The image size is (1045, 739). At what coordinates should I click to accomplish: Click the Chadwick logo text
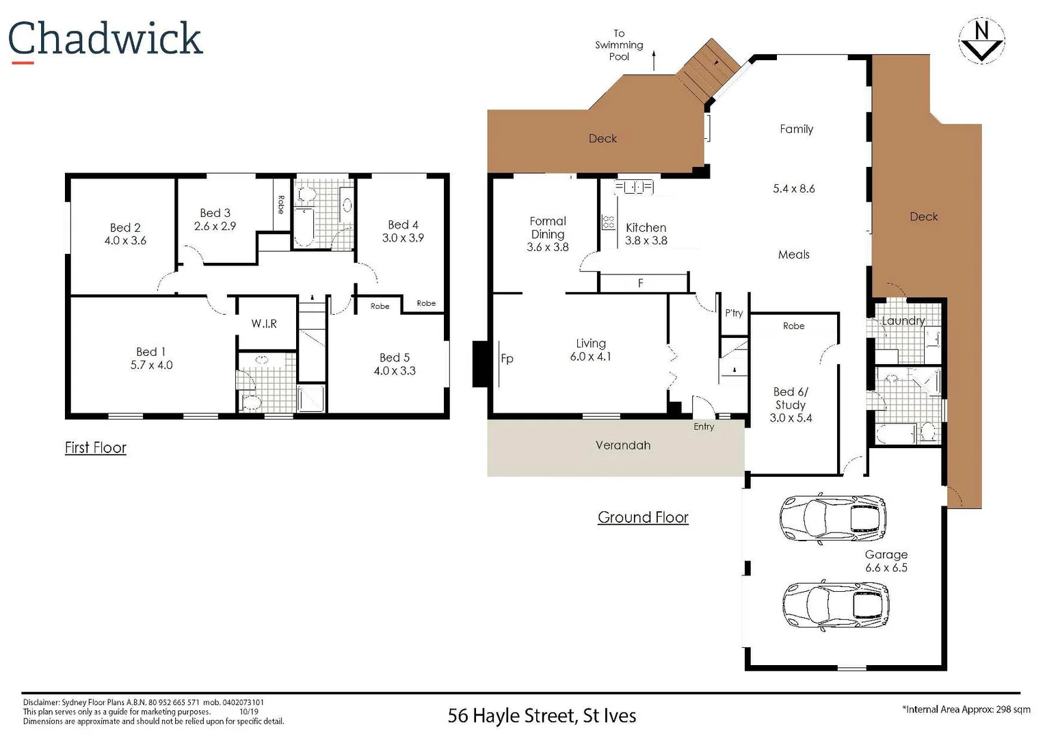105,39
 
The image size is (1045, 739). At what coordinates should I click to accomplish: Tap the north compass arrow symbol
981,42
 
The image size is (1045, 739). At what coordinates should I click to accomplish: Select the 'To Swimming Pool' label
618,45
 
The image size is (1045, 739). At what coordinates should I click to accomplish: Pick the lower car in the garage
835,605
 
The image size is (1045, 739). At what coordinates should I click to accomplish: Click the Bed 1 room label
150,352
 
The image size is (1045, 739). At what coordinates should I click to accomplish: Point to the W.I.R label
264,324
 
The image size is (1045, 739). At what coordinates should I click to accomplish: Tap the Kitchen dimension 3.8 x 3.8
646,241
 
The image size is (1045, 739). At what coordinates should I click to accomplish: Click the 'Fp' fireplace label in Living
507,359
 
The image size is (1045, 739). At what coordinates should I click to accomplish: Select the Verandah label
622,445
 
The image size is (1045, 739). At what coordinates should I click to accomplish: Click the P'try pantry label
734,313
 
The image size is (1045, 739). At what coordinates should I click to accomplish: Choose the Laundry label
903,321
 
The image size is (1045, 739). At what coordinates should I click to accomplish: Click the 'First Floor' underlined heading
96,448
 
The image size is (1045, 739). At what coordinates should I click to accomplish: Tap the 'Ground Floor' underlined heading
643,517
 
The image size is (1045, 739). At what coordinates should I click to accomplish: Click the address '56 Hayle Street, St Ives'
542,716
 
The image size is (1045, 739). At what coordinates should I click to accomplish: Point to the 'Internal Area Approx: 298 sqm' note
966,710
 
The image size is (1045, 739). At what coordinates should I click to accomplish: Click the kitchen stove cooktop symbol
607,222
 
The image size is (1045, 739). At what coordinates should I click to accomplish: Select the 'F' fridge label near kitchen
640,283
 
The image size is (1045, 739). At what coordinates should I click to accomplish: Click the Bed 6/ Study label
791,398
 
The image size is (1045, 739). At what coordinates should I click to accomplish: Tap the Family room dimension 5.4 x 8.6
793,189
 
